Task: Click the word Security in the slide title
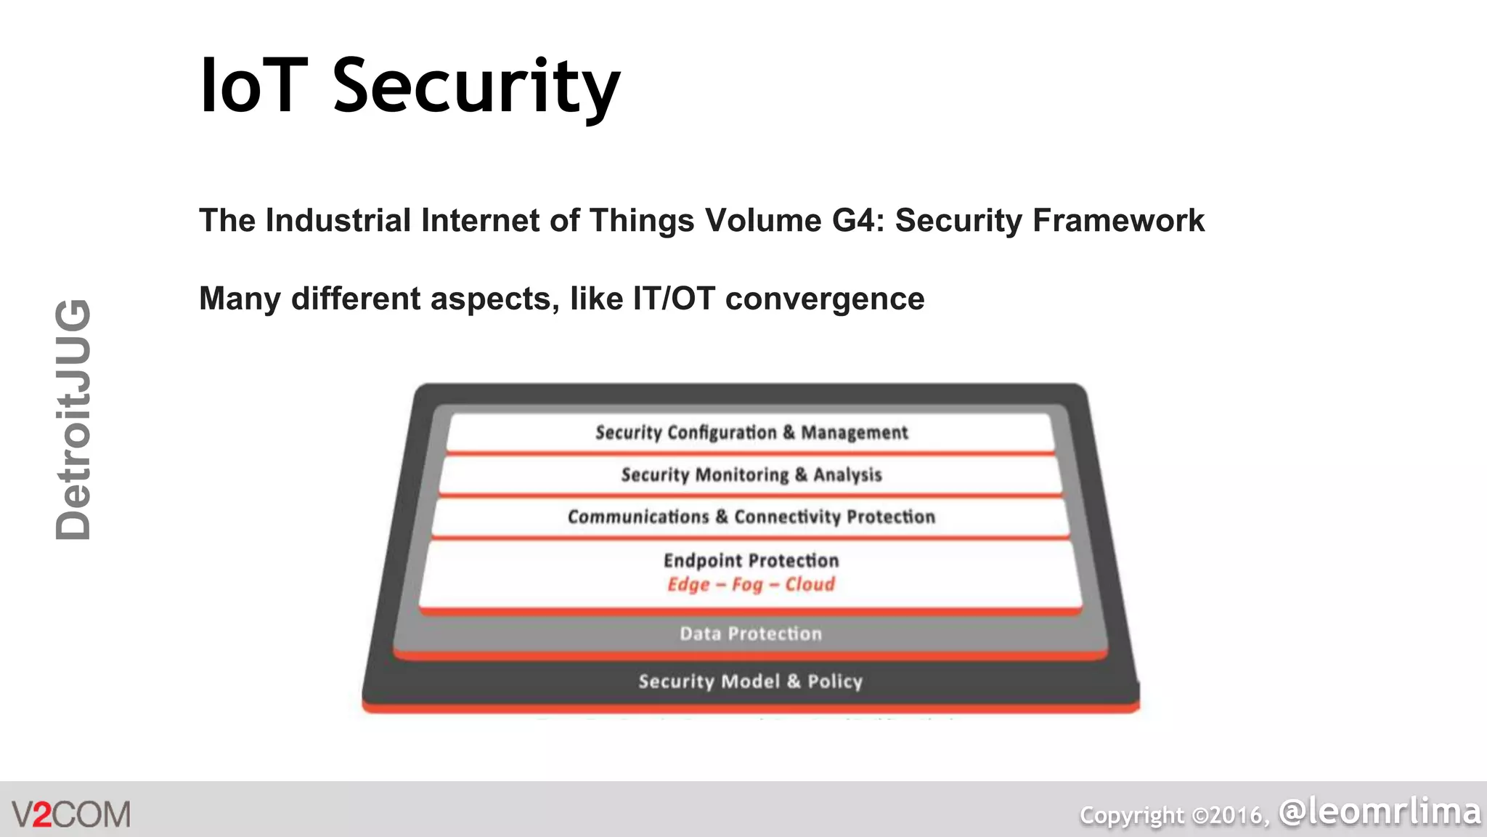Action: coord(476,87)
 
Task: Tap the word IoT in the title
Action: coord(253,87)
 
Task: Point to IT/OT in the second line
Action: coord(674,299)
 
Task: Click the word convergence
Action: coord(825,299)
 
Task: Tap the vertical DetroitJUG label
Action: coord(73,419)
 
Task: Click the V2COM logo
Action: coord(71,814)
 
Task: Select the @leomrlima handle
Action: coord(1380,812)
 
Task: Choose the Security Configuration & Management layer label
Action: coord(751,433)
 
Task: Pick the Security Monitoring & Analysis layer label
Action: coord(751,475)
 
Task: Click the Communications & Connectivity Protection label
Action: coord(751,517)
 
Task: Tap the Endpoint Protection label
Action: coord(751,560)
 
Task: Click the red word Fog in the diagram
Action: coord(747,585)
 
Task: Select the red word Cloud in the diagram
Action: coord(810,585)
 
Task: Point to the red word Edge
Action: coord(688,585)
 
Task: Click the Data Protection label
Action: coord(751,634)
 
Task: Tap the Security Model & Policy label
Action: coord(751,682)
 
